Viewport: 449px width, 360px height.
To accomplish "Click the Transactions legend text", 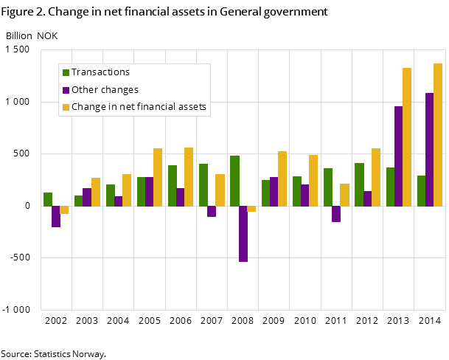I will (x=100, y=72).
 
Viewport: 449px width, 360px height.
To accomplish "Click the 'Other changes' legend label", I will (x=105, y=90).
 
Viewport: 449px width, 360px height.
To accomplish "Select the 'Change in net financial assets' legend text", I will (x=139, y=107).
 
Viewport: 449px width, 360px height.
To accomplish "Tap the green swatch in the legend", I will (x=66, y=72).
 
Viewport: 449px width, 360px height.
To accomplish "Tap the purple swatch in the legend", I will (x=66, y=90).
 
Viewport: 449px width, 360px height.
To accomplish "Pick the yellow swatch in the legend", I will (x=66, y=108).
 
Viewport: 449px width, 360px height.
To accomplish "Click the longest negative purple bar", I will (x=243, y=233).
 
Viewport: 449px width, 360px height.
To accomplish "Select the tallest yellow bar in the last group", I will (x=438, y=134).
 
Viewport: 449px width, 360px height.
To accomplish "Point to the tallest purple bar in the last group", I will (x=430, y=149).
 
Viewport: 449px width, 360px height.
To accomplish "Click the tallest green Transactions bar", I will (x=234, y=181).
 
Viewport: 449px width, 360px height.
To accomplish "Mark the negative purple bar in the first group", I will (x=56, y=216).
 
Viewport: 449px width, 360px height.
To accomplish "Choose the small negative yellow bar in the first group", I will (x=64, y=210).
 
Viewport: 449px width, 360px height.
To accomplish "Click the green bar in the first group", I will (x=48, y=199).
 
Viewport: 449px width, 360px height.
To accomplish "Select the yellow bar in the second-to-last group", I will (x=407, y=136).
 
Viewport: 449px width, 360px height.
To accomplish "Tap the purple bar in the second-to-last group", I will (x=398, y=156).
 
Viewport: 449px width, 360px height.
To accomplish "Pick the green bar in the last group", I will (x=421, y=190).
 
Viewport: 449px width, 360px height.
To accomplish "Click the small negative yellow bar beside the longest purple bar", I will (x=251, y=209).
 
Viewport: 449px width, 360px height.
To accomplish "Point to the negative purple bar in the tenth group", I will (x=336, y=214).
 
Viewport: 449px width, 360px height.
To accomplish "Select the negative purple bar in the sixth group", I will (x=212, y=211).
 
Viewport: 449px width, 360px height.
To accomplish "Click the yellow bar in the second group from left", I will (x=96, y=192).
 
